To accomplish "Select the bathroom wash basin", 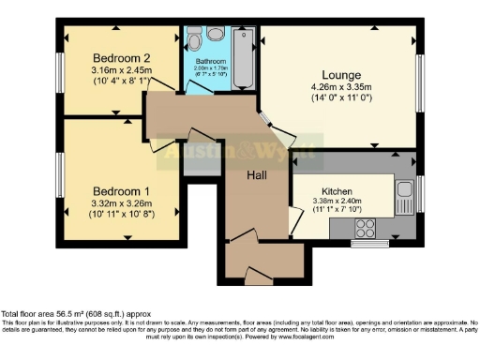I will pyautogui.click(x=194, y=39).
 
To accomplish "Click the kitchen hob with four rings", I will pyautogui.click(x=365, y=228).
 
